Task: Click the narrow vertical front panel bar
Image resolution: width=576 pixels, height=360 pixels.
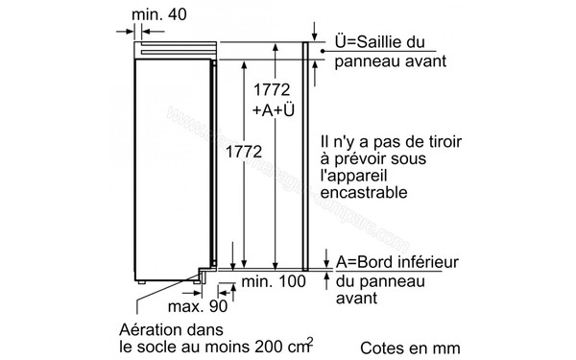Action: coord(306,154)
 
